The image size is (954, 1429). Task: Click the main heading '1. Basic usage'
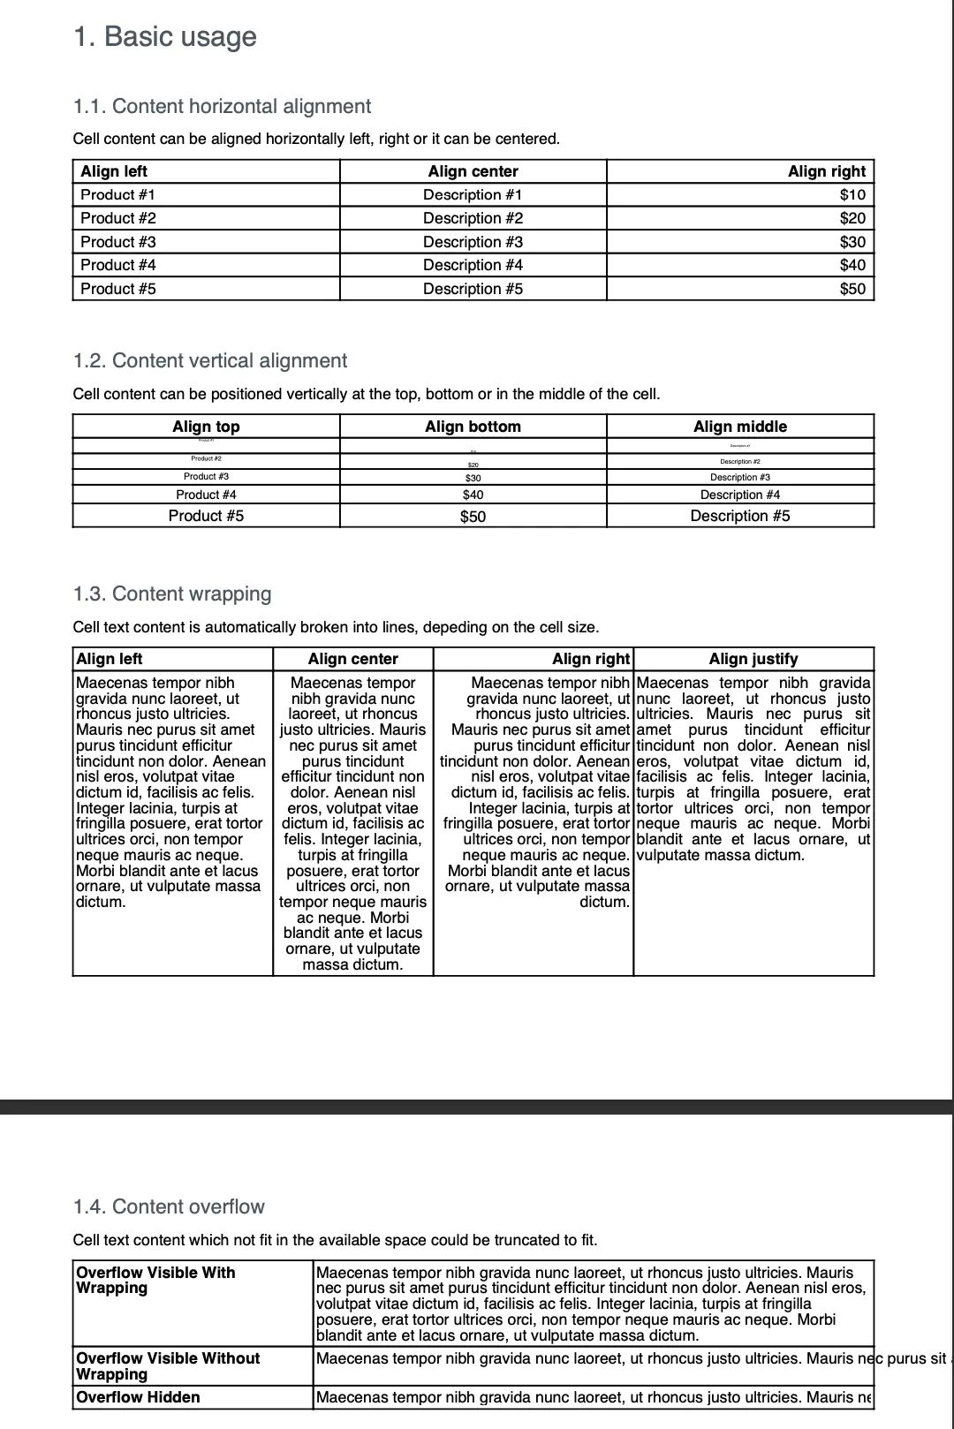click(165, 37)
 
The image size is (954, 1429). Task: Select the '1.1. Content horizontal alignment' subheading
click(222, 106)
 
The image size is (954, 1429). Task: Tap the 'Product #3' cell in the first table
click(118, 241)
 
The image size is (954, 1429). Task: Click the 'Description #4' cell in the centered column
click(473, 265)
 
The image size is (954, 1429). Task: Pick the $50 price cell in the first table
click(852, 289)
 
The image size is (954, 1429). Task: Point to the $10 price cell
click(852, 194)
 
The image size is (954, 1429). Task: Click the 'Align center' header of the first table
click(473, 171)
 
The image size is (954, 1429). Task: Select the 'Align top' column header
click(206, 427)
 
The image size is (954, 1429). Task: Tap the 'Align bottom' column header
click(473, 427)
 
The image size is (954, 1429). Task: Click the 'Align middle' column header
click(739, 427)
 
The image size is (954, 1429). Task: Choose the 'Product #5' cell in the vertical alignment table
click(206, 516)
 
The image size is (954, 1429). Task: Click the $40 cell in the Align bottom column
click(473, 495)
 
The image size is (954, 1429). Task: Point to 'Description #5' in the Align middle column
click(739, 516)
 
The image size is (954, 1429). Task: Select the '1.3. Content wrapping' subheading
click(172, 594)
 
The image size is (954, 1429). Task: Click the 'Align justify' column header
click(753, 659)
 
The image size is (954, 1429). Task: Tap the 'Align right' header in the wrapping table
click(590, 659)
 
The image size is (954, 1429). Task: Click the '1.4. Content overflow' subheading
click(169, 1206)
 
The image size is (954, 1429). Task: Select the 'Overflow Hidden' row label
click(138, 1397)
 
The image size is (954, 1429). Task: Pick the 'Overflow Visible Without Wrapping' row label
click(168, 1366)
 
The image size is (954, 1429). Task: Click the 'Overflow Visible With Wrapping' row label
click(155, 1281)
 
